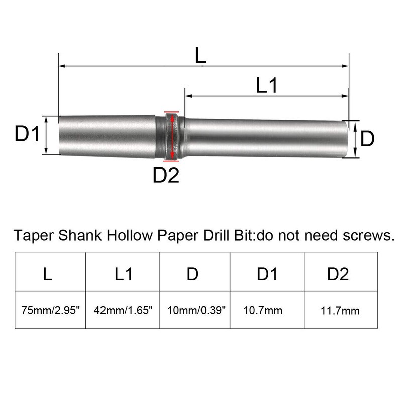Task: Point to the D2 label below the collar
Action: tap(166, 175)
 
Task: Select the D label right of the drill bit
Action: tap(368, 139)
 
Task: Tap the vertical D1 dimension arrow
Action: tap(46, 135)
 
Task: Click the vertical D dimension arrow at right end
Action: tap(355, 140)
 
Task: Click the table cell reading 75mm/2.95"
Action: tap(50, 310)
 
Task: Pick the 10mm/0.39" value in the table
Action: tap(194, 310)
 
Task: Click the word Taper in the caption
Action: tap(31, 235)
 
